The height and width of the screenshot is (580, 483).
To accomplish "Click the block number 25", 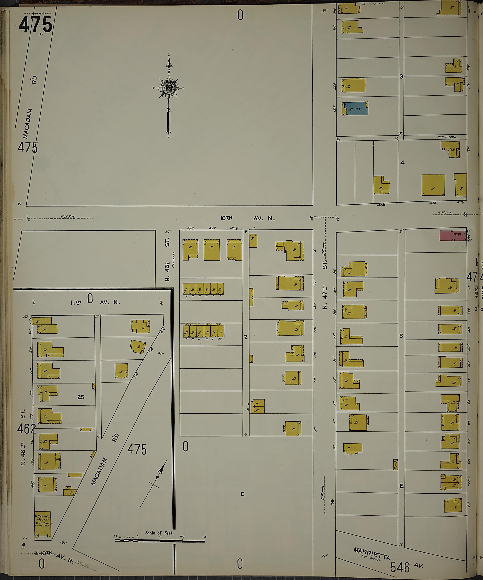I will pyautogui.click(x=81, y=397).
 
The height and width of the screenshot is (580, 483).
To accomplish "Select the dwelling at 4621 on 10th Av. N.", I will pyautogui.click(x=212, y=250).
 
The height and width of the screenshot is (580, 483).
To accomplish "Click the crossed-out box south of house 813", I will pyautogui.click(x=396, y=464).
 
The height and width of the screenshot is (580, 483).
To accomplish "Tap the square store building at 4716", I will pyautogui.click(x=433, y=185).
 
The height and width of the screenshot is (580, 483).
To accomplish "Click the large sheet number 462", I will pyautogui.click(x=26, y=429).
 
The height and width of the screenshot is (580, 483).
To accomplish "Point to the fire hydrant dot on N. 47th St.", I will pyautogui.click(x=332, y=501).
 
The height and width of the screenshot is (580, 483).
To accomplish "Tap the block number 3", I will pyautogui.click(x=401, y=76).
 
